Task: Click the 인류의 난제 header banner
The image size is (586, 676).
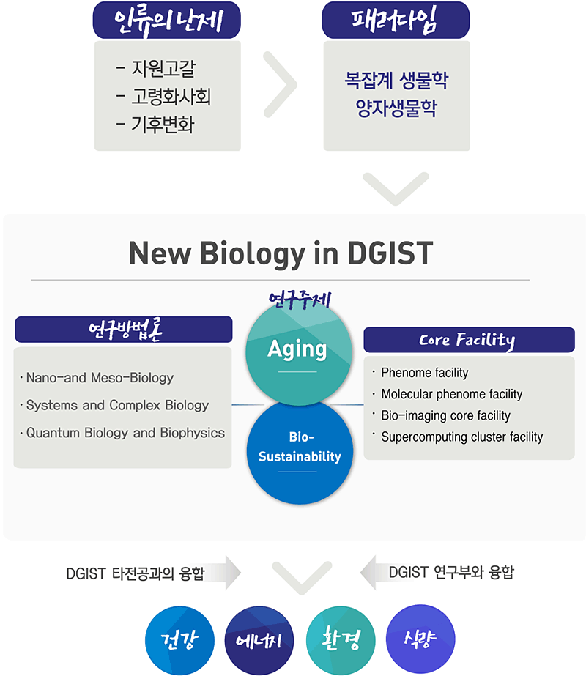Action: (167, 21)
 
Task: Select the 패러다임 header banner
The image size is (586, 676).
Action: (396, 21)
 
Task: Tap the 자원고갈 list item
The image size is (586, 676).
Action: (156, 69)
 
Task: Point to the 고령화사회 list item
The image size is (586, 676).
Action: (164, 97)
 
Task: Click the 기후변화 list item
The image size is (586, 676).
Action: (156, 125)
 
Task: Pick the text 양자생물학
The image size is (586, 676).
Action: (396, 108)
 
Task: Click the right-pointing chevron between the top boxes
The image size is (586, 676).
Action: (281, 84)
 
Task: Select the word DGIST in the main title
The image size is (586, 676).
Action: (390, 253)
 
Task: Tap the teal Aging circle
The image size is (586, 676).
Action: (299, 353)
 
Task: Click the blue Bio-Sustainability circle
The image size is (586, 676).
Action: (300, 452)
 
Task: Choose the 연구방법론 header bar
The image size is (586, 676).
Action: (124, 330)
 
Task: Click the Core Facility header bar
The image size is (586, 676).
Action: (469, 340)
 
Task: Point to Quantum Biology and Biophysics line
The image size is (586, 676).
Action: (122, 433)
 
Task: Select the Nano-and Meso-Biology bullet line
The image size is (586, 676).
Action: (97, 378)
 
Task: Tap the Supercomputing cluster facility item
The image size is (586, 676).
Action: (458, 437)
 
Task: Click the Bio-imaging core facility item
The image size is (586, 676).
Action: (442, 415)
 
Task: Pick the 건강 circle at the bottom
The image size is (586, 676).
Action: (179, 640)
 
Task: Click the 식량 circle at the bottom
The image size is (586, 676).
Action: (420, 639)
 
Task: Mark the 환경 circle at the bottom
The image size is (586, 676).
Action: (341, 640)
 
